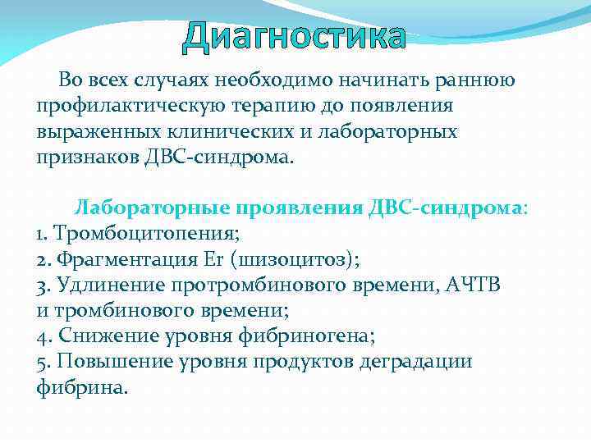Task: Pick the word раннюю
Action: tap(479, 80)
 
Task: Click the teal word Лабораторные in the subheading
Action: tap(144, 208)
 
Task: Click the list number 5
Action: tap(42, 363)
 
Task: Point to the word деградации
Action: tap(415, 362)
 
